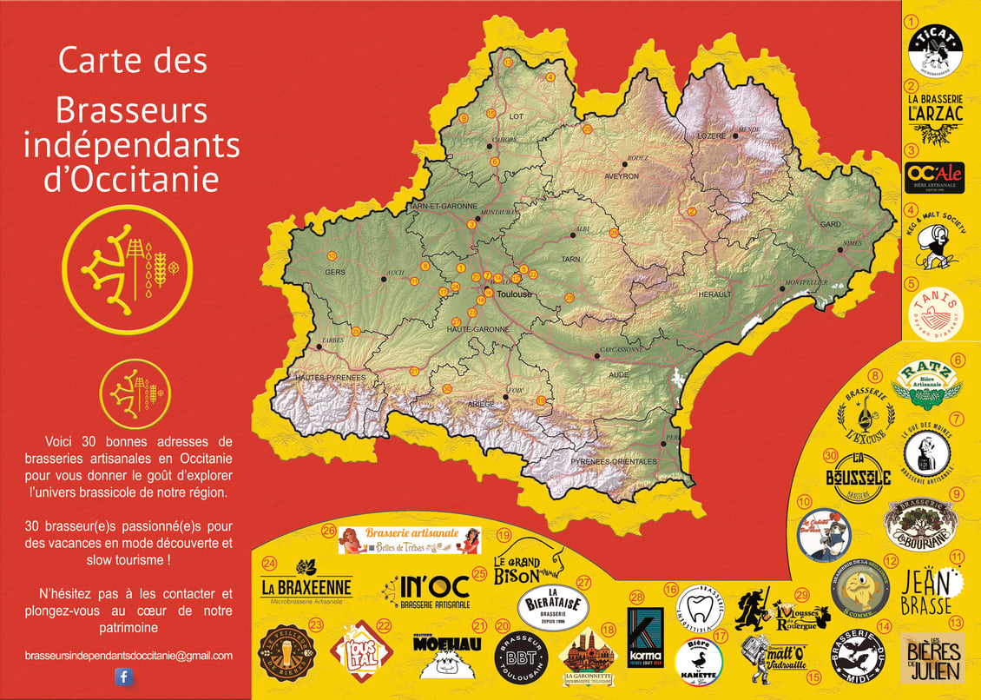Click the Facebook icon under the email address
pyautogui.click(x=123, y=677)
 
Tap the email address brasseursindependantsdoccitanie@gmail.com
pyautogui.click(x=128, y=656)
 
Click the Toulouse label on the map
pyautogui.click(x=515, y=294)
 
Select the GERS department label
pyautogui.click(x=334, y=272)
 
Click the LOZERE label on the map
pyautogui.click(x=711, y=136)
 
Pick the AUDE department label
pyautogui.click(x=619, y=374)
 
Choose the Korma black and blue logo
pyautogui.click(x=645, y=638)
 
